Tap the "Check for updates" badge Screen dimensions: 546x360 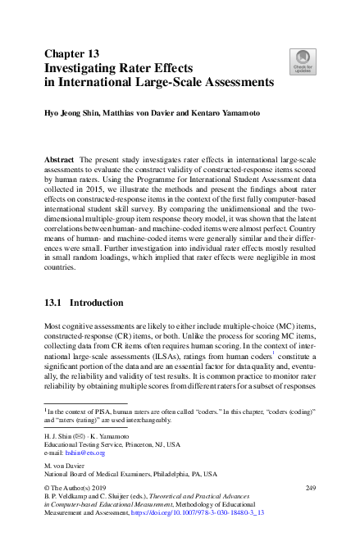coord(303,61)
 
